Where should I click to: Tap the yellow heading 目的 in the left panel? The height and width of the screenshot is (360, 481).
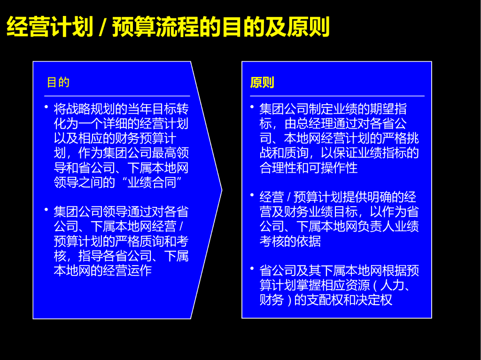pos(58,83)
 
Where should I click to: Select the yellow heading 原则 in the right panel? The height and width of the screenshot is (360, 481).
pos(262,83)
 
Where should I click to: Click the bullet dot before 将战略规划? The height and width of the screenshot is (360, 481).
pos(47,107)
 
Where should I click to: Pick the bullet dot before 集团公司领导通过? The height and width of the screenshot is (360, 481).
pos(47,209)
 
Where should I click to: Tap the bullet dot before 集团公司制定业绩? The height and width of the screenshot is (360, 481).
pos(252,107)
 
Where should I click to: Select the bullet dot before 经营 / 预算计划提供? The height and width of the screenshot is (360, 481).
pos(252,194)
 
